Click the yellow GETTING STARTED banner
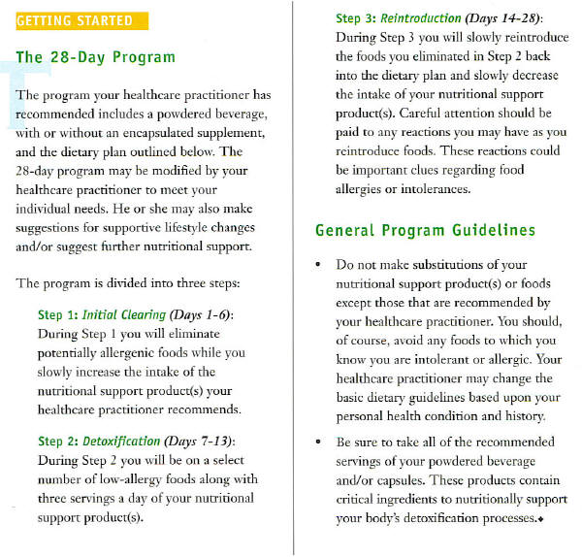pyautogui.click(x=75, y=20)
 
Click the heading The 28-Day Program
pyautogui.click(x=96, y=56)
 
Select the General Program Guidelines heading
pyautogui.click(x=426, y=231)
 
